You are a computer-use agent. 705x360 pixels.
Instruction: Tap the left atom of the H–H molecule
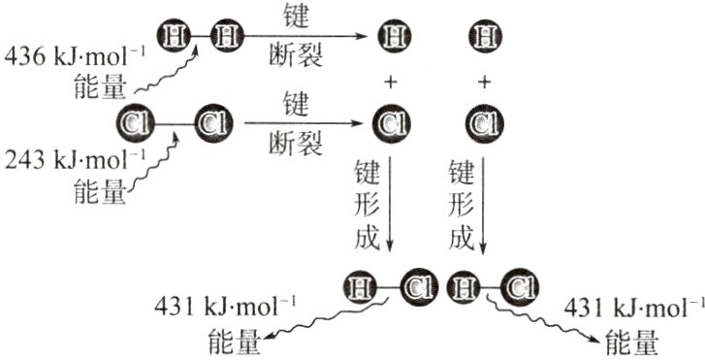175,37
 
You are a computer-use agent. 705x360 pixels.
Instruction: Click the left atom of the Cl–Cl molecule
133,123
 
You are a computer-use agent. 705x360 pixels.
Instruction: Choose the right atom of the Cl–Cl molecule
212,123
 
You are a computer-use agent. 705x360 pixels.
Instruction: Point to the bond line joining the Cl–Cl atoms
173,123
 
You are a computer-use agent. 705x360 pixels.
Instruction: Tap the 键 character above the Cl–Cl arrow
296,100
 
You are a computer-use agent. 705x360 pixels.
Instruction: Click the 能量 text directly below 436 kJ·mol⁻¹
100,89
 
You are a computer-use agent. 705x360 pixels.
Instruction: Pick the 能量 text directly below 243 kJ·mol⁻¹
100,192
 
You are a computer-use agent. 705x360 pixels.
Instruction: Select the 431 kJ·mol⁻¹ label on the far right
632,309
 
